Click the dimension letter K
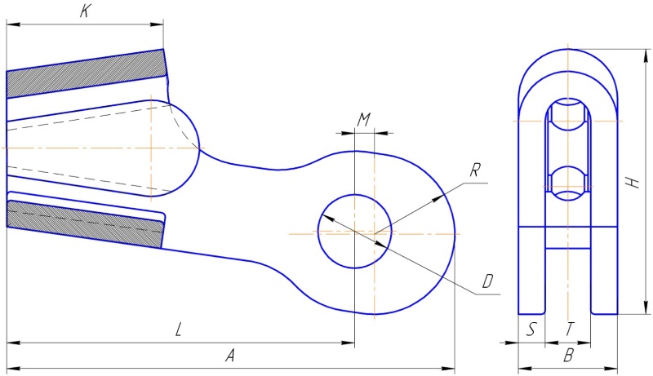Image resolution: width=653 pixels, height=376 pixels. click(x=85, y=11)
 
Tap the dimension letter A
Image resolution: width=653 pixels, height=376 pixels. click(x=230, y=356)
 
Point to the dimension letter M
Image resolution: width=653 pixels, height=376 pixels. click(x=364, y=120)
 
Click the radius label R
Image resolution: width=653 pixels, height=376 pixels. click(x=476, y=170)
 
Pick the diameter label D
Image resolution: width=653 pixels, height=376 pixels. click(x=487, y=282)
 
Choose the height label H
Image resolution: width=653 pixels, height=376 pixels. click(x=632, y=183)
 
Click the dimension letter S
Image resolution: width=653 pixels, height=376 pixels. click(x=531, y=330)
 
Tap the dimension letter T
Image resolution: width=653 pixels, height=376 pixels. click(x=570, y=330)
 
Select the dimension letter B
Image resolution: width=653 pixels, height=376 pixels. click(x=569, y=356)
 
